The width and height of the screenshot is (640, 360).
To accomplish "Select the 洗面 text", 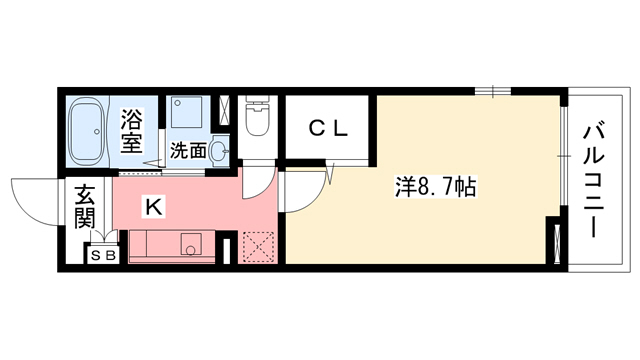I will tap(187, 152).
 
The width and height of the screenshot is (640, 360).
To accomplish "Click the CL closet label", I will tap(326, 128).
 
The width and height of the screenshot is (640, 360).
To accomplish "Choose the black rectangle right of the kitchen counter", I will tap(228, 248).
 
